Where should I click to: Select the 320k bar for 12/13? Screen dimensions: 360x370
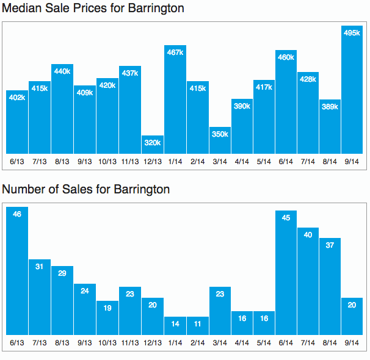(153, 145)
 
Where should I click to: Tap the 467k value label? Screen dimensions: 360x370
(175, 52)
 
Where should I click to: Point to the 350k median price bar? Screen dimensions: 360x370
(220, 140)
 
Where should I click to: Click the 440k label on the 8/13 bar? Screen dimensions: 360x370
(62, 71)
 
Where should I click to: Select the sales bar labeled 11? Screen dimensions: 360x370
(197, 326)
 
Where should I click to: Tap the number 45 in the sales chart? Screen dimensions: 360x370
(286, 218)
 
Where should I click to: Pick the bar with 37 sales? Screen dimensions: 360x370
(330, 286)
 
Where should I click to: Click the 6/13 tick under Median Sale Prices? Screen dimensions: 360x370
(17, 162)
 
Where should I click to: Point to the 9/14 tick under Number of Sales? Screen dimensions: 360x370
(352, 343)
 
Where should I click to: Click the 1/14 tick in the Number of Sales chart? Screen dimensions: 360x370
(175, 343)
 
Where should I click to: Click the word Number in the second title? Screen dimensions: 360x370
(24, 189)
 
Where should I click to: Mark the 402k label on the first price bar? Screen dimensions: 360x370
(17, 98)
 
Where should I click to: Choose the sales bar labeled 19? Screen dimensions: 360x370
(107, 318)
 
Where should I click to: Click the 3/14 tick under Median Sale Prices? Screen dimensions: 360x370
(220, 162)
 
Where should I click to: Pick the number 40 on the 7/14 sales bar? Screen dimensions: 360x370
(308, 235)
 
